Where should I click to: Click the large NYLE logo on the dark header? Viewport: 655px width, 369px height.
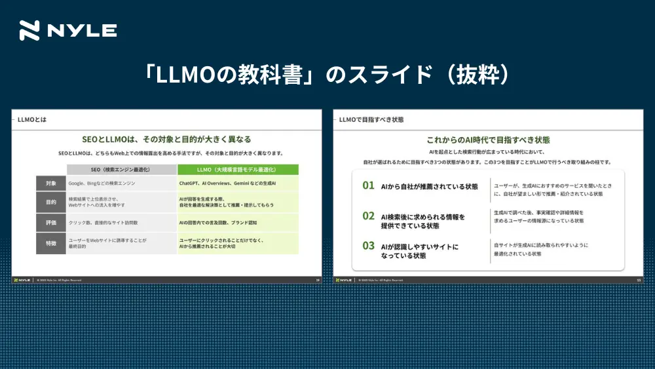coord(68,31)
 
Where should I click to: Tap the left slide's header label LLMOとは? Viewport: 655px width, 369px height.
coord(32,120)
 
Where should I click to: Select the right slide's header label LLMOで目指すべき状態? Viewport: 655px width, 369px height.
coord(371,120)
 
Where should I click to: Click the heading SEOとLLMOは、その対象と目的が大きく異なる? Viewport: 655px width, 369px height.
coord(166,140)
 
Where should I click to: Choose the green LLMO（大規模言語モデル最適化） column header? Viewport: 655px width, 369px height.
coord(238,170)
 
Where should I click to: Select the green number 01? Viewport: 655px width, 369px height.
coord(369,185)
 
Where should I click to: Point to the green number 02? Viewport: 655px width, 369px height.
coord(369,216)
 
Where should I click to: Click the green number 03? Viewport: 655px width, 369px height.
coord(369,246)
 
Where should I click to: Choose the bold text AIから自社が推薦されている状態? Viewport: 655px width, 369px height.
coord(429,186)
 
